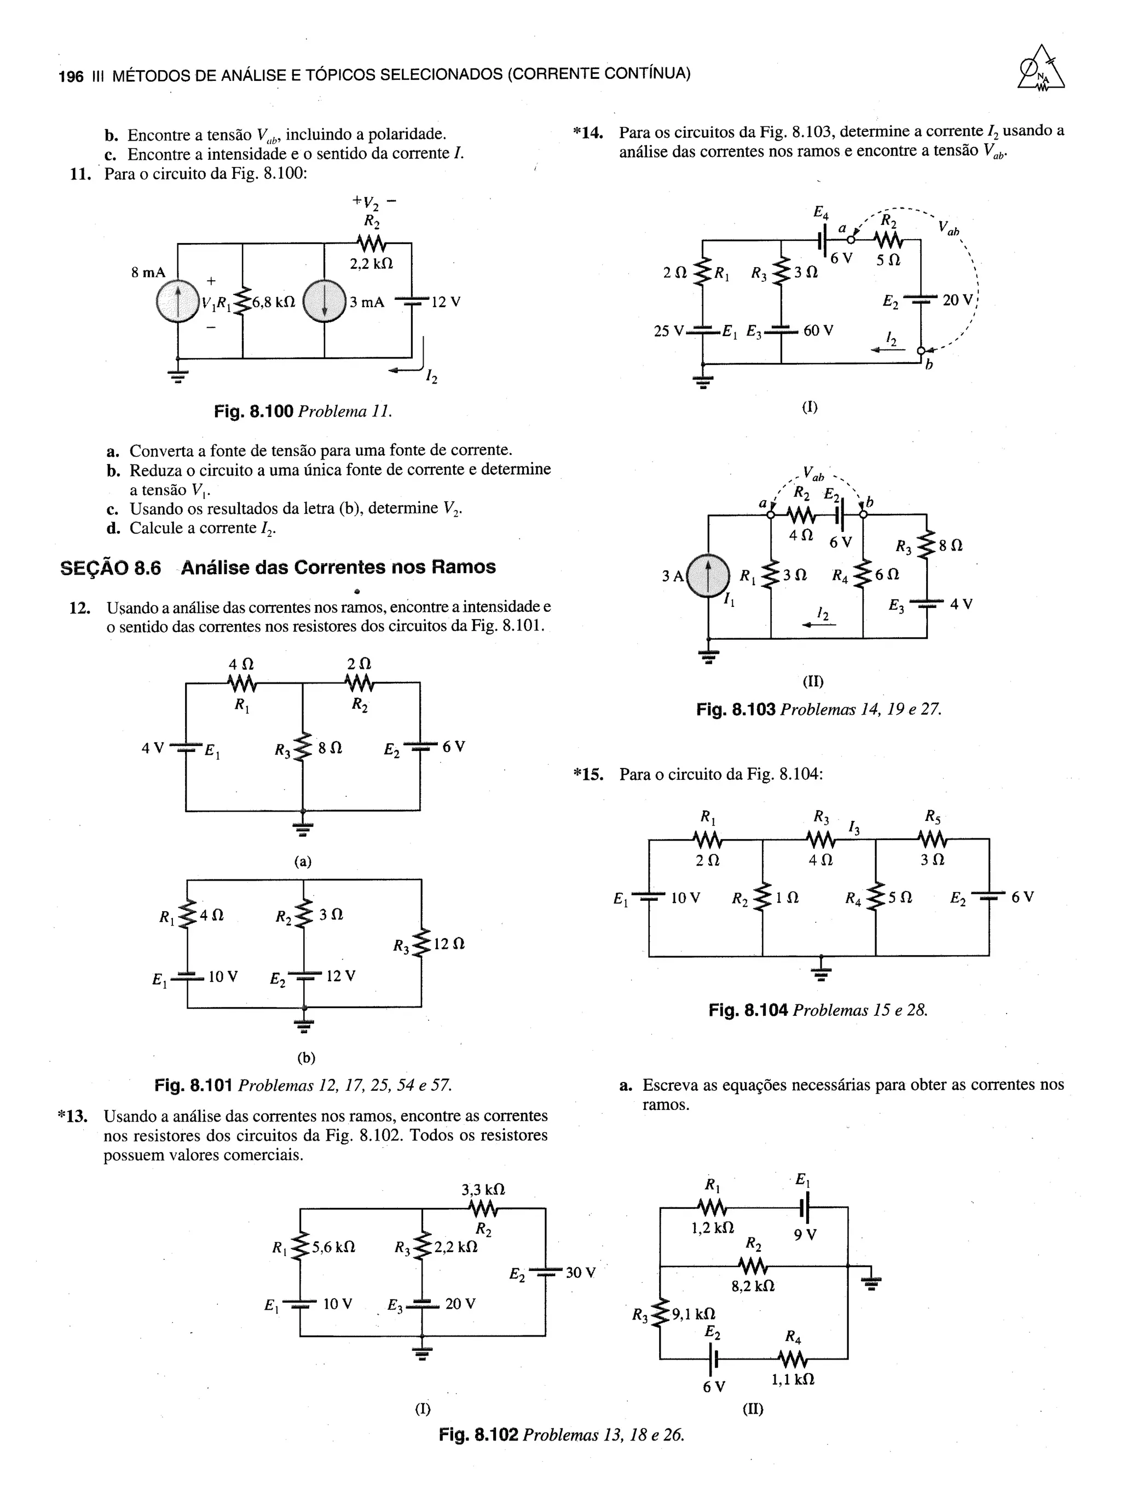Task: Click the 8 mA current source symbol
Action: click(178, 302)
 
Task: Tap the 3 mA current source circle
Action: click(325, 302)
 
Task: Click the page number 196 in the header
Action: click(71, 76)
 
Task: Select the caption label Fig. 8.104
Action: click(748, 1010)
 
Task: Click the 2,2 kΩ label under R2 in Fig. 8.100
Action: click(371, 264)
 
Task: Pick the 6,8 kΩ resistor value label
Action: click(274, 302)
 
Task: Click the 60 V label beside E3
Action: click(818, 331)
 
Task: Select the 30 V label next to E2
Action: click(580, 1272)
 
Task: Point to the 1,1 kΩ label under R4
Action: click(793, 1379)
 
